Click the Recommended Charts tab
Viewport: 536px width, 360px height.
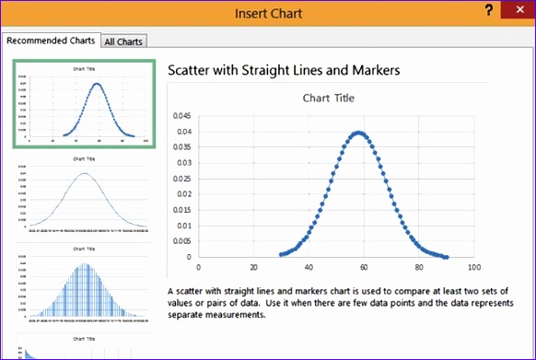click(x=50, y=41)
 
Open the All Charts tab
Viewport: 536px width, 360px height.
click(x=122, y=41)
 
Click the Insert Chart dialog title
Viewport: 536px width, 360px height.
click(x=268, y=13)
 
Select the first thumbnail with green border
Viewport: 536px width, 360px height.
click(x=83, y=104)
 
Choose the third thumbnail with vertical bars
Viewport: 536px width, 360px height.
click(x=84, y=285)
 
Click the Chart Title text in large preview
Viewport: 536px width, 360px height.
click(x=329, y=98)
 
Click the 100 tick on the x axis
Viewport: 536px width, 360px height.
click(x=474, y=268)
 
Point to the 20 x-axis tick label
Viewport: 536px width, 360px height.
click(x=253, y=268)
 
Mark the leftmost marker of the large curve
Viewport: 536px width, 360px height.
click(x=280, y=254)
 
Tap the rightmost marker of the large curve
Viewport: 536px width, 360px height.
click(x=447, y=257)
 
